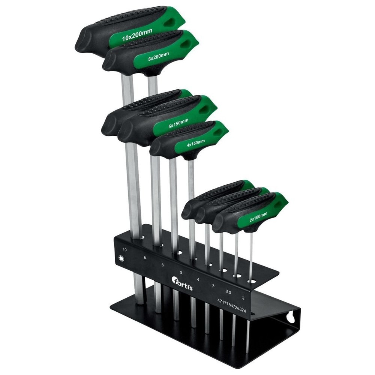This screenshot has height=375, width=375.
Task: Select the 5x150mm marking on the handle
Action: point(178,124)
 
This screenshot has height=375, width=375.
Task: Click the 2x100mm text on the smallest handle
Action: point(258,217)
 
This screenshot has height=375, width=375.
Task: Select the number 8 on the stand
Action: point(144,258)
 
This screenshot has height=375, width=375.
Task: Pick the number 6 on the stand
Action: point(163,265)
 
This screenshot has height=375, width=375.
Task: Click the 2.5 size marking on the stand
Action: point(228,291)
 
